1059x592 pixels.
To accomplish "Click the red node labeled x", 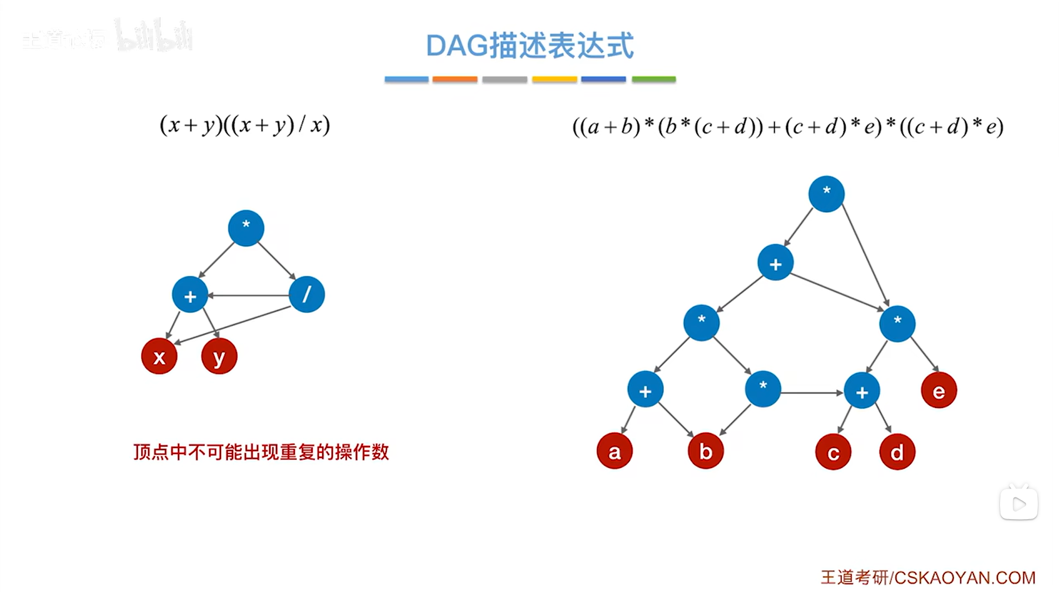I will [159, 356].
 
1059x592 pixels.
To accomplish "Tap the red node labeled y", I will [219, 356].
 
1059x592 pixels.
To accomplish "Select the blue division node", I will [307, 294].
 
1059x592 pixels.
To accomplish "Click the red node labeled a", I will [614, 451].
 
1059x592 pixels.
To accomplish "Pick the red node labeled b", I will [706, 451].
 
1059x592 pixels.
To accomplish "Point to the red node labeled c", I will [833, 452].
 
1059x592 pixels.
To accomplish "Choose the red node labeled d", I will [897, 452].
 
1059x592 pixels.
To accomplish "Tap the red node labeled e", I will [939, 391].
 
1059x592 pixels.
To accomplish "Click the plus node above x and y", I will [190, 295].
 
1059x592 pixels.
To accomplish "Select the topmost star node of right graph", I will [826, 194].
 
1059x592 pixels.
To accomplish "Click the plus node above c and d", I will [861, 391].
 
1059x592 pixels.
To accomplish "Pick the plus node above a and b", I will [645, 390].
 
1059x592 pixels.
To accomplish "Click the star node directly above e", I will [897, 323].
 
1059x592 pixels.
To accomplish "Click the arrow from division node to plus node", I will [248, 295].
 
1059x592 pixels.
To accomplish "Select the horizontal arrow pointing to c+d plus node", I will [812, 393].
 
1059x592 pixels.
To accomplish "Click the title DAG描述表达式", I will [530, 46].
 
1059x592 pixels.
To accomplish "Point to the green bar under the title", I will [653, 80].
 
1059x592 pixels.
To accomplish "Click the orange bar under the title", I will [455, 80].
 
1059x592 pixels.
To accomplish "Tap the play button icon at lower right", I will [1018, 504].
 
